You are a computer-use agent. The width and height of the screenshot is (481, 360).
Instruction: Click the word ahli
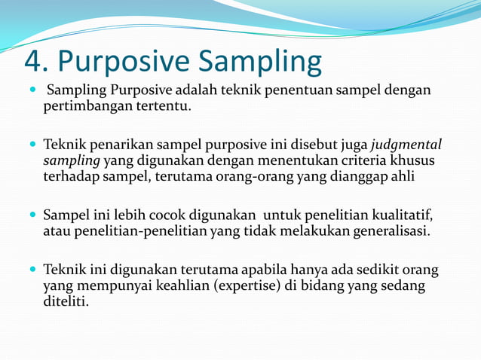[401, 177]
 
